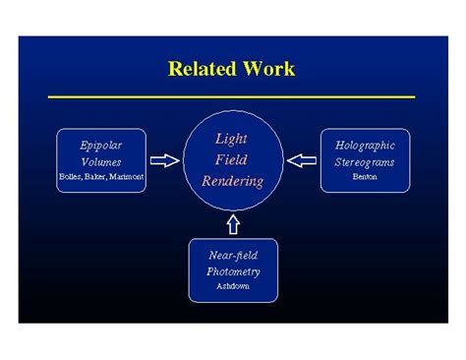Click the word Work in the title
267,69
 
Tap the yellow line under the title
232,96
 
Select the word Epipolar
101,145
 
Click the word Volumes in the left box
101,160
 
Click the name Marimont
128,177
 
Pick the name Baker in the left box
97,177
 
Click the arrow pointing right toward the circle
165,159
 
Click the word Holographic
364,145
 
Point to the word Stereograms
364,160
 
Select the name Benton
364,177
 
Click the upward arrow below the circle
232,225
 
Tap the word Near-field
232,254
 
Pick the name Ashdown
232,285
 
